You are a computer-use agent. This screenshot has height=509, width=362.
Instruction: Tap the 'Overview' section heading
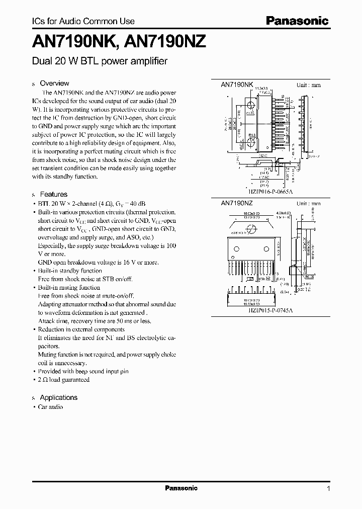click(x=54, y=83)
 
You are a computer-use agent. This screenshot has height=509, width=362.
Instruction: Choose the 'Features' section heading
click(x=53, y=194)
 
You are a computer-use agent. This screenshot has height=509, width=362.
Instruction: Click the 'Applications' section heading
click(x=58, y=397)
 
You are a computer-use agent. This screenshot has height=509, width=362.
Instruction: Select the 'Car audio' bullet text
click(x=50, y=407)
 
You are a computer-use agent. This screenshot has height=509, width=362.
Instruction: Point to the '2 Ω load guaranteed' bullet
click(x=64, y=380)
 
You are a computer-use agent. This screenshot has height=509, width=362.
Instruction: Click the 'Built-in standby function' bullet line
click(x=70, y=271)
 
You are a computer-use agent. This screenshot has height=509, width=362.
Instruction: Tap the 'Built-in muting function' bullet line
click(x=69, y=287)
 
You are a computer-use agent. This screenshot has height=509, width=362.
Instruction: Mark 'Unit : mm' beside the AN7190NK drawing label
click(x=308, y=86)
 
